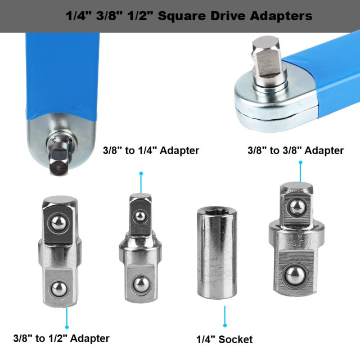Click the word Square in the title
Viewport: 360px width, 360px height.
click(x=179, y=16)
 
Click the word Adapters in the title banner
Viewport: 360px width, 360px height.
click(x=281, y=16)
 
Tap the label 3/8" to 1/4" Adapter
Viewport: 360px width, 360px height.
click(x=151, y=151)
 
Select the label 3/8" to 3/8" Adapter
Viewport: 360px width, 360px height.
click(x=295, y=151)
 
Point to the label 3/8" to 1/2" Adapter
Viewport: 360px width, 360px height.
click(x=61, y=339)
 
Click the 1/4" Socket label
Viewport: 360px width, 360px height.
click(x=224, y=339)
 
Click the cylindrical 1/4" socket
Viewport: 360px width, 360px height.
click(x=216, y=253)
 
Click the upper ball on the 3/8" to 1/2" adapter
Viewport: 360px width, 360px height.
click(x=59, y=223)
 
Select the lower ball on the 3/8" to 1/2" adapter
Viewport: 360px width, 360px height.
click(x=59, y=289)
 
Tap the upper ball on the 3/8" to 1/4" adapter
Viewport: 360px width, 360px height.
click(x=139, y=216)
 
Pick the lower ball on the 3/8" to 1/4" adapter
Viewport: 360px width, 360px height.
click(x=140, y=284)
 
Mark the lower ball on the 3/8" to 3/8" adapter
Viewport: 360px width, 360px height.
click(x=294, y=276)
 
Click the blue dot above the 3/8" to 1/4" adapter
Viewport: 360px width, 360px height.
click(x=141, y=174)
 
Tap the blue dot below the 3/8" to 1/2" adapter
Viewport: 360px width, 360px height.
click(x=67, y=327)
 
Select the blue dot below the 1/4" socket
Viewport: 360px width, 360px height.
click(x=225, y=325)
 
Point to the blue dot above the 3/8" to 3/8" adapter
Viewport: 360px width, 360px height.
click(x=300, y=163)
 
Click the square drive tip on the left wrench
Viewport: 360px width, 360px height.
click(x=58, y=164)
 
